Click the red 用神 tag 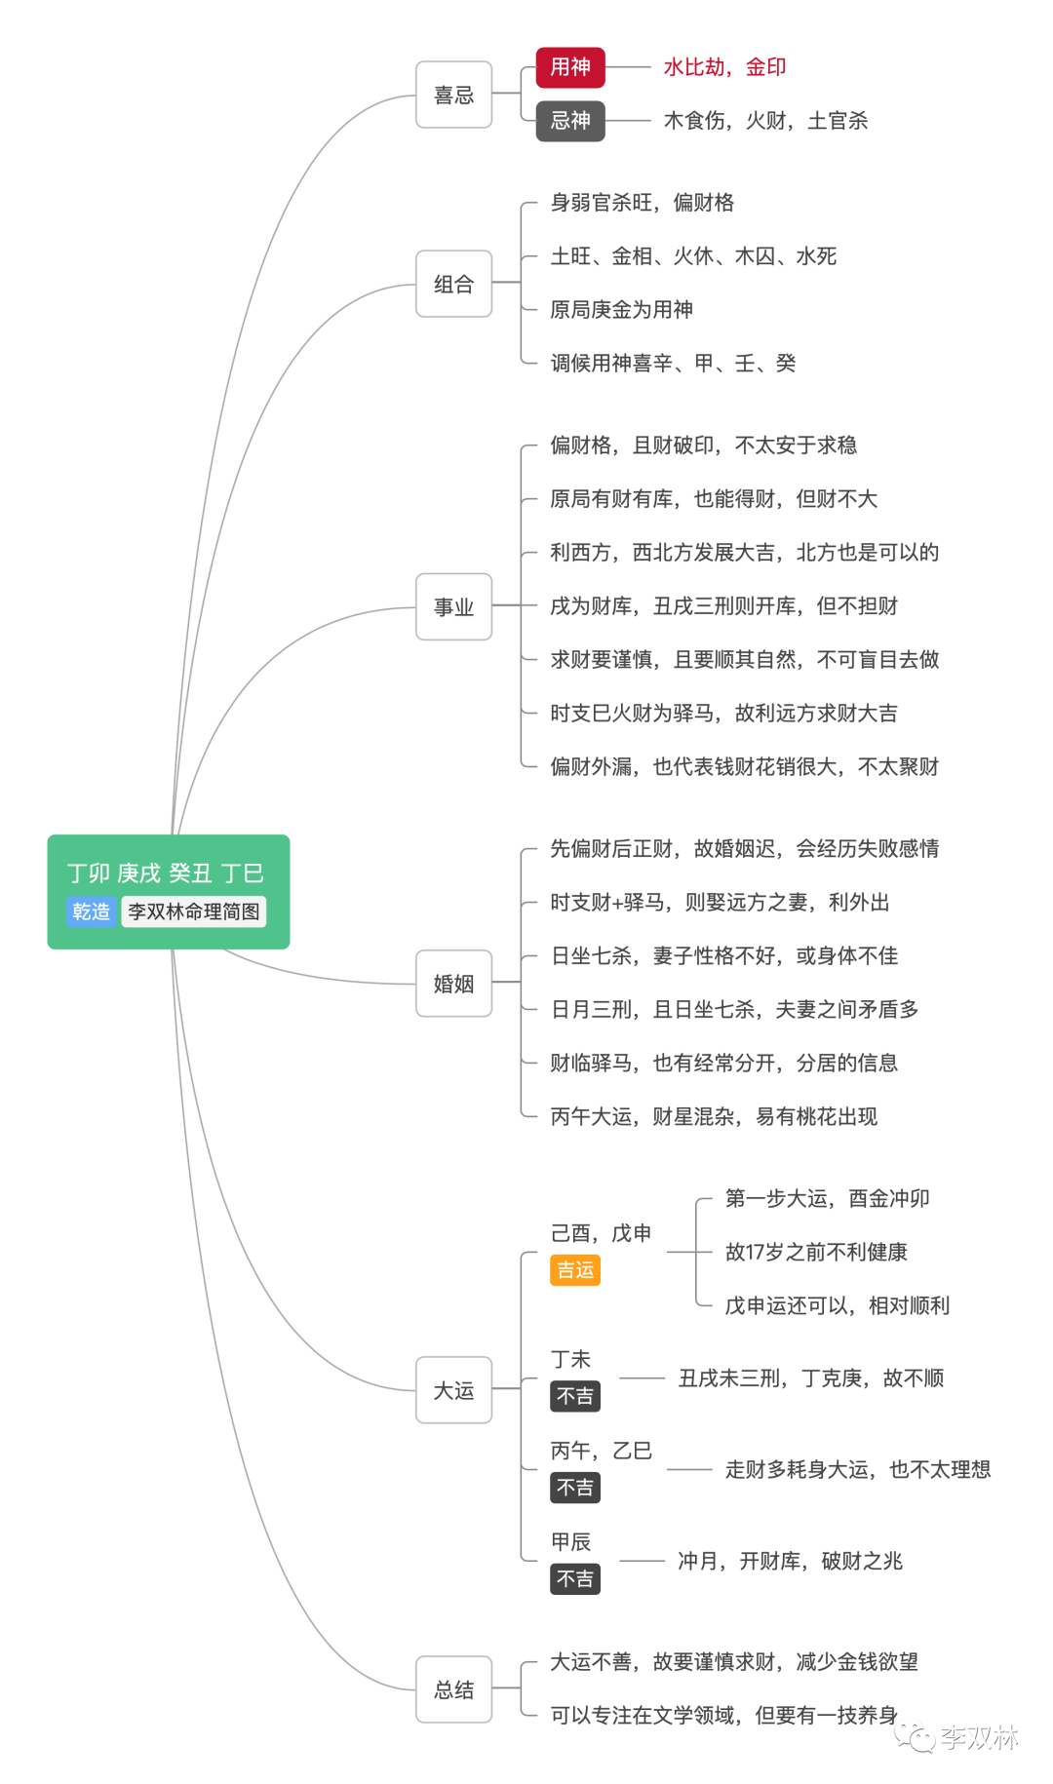click(570, 67)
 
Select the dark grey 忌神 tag click(570, 121)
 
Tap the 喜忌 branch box click(453, 95)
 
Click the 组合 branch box click(453, 284)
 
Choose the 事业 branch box click(453, 606)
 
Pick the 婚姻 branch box click(453, 984)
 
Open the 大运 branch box click(453, 1390)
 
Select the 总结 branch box click(453, 1689)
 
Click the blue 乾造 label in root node click(92, 911)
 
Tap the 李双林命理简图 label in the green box click(194, 911)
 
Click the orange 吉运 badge click(575, 1270)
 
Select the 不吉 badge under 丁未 click(575, 1396)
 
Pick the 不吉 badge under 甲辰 click(575, 1579)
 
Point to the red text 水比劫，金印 click(724, 67)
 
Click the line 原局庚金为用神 click(621, 310)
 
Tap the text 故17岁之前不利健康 click(816, 1252)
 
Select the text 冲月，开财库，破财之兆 click(790, 1562)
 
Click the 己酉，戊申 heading click(601, 1233)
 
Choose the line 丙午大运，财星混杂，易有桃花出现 click(714, 1116)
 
